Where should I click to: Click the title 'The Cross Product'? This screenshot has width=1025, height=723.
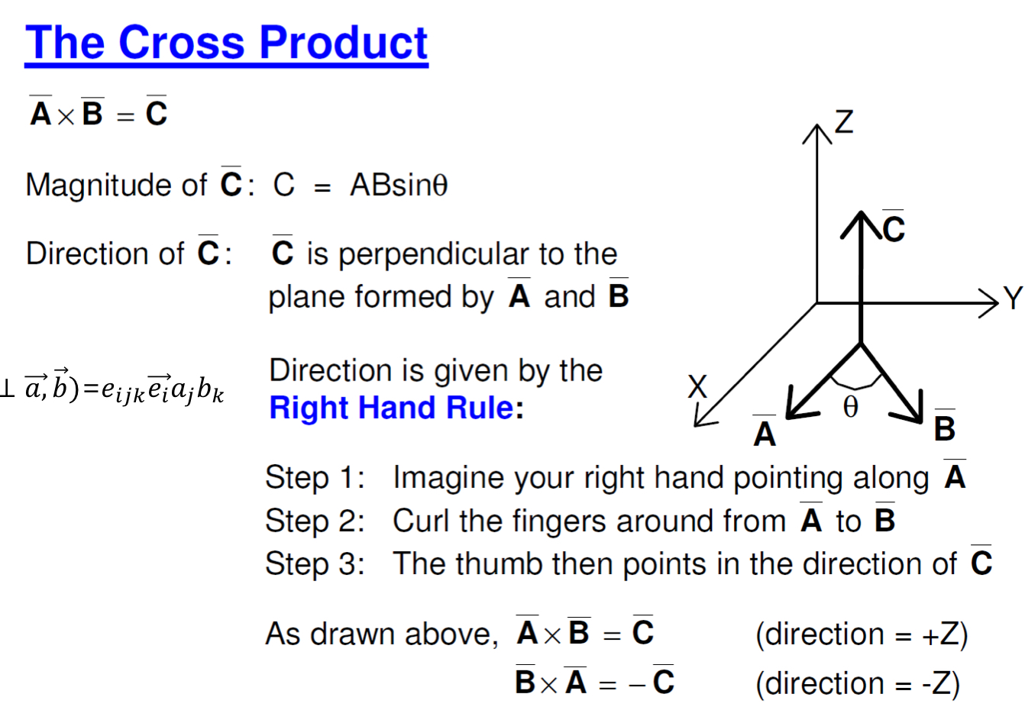pos(226,43)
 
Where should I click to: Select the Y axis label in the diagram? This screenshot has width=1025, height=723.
pos(1013,299)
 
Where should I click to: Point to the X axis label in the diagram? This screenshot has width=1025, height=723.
pos(697,387)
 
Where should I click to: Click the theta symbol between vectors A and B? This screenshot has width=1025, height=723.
pos(851,407)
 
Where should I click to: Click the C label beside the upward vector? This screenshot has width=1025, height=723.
pos(894,229)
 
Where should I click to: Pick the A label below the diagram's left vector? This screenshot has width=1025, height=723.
pos(765,434)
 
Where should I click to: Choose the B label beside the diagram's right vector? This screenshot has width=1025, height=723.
pos(945,428)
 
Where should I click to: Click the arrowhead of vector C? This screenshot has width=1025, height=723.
pos(861,221)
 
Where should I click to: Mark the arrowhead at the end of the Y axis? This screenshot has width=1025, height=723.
pos(991,303)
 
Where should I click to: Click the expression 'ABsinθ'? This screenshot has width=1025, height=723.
pos(399,185)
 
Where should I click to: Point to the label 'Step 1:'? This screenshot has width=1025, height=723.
pos(315,478)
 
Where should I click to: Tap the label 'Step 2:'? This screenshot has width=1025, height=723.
pos(315,521)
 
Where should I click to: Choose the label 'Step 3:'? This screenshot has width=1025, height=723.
pos(315,564)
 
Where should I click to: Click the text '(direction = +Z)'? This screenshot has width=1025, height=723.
pos(862,634)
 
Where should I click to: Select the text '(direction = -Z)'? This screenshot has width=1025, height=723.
pos(858,683)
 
